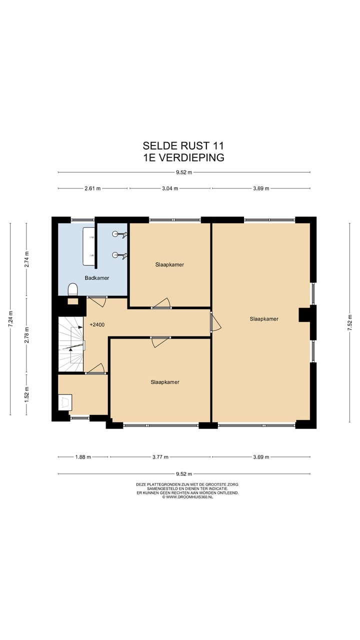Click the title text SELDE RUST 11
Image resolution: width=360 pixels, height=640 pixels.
[x=183, y=145]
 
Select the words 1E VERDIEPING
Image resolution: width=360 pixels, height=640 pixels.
[x=183, y=157]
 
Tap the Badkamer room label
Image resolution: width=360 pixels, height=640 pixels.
[x=96, y=278]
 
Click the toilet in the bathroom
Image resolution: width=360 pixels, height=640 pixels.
[x=73, y=289]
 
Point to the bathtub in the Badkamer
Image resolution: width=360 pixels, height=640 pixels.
[x=89, y=246]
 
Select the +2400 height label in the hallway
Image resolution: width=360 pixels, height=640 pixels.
[x=97, y=325]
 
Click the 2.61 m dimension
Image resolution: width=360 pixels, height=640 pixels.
[x=93, y=188]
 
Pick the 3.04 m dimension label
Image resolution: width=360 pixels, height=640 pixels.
[x=170, y=188]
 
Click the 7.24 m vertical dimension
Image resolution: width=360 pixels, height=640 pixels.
[x=10, y=319]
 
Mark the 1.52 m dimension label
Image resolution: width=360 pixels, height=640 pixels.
[x=27, y=394]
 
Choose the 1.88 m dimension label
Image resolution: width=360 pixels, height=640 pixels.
[x=83, y=457]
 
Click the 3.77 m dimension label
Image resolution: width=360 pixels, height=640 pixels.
[x=160, y=457]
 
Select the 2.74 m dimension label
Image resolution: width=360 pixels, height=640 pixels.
[x=27, y=258]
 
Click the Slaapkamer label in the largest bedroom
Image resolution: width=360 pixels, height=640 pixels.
[x=264, y=318]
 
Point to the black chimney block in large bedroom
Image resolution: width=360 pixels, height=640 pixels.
[x=304, y=314]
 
